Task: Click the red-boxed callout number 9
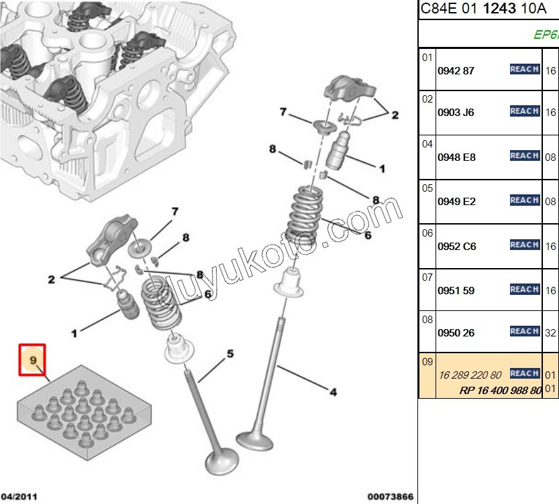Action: click(x=32, y=361)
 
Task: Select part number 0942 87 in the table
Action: click(x=456, y=70)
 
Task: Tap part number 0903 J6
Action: click(x=456, y=112)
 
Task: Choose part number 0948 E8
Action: click(x=456, y=157)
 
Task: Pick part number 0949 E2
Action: click(x=456, y=201)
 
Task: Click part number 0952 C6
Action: click(x=456, y=246)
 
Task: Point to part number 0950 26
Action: click(x=456, y=332)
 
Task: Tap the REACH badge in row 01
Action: click(x=524, y=69)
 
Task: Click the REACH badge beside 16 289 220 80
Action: click(x=524, y=373)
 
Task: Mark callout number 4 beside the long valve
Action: click(x=333, y=392)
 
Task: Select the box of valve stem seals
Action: click(x=84, y=412)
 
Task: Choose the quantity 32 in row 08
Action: click(x=550, y=332)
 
